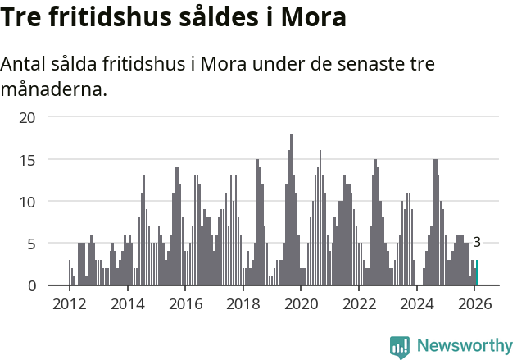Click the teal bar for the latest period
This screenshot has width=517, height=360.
pyautogui.click(x=477, y=273)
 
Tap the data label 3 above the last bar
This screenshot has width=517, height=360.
pyautogui.click(x=477, y=242)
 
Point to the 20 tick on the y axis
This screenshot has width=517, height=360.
pyautogui.click(x=28, y=117)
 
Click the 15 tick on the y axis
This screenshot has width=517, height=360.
pyautogui.click(x=28, y=159)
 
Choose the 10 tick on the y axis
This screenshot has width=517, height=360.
pyautogui.click(x=28, y=202)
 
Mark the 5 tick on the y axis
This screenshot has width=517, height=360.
pyautogui.click(x=31, y=244)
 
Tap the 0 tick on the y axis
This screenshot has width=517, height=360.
pyautogui.click(x=31, y=285)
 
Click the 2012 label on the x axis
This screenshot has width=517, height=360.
pyautogui.click(x=69, y=304)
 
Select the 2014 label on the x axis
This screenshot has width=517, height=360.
pyautogui.click(x=127, y=304)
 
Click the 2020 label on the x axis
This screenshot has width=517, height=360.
pyautogui.click(x=301, y=304)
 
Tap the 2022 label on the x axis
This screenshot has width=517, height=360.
pyautogui.click(x=359, y=304)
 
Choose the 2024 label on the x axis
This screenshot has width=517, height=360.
pyautogui.click(x=417, y=304)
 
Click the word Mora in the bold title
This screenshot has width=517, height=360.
pyautogui.click(x=314, y=16)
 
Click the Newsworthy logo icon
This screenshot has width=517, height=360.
pyautogui.click(x=400, y=346)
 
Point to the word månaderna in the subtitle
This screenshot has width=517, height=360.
pyautogui.click(x=54, y=89)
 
